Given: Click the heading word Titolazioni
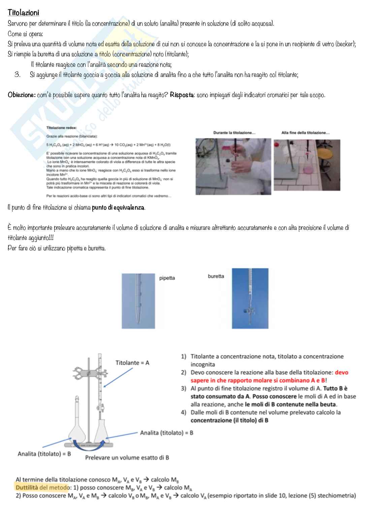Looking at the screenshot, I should pos(23,13).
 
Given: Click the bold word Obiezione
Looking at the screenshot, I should pos(21,95).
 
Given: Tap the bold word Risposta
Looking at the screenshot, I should pos(182,95).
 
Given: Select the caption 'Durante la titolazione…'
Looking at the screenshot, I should pos(234,133).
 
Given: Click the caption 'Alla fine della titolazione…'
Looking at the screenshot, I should pos(305,133).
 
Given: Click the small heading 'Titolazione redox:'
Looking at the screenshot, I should pos(61,128).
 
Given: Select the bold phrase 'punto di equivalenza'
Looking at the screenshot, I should pos(118,208).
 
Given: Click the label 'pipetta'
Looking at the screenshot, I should pos(167,278).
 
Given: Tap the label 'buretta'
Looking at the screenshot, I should pos(216,276).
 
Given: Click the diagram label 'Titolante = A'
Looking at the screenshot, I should pos(132,363).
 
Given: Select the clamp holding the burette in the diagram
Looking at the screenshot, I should pos(88,374).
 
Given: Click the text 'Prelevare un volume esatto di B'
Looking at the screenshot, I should pos(127,458).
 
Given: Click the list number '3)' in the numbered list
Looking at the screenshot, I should pos(184,388).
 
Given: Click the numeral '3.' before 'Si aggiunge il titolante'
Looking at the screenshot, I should pos(18,75).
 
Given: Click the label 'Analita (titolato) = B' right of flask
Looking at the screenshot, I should pos(166,433).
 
